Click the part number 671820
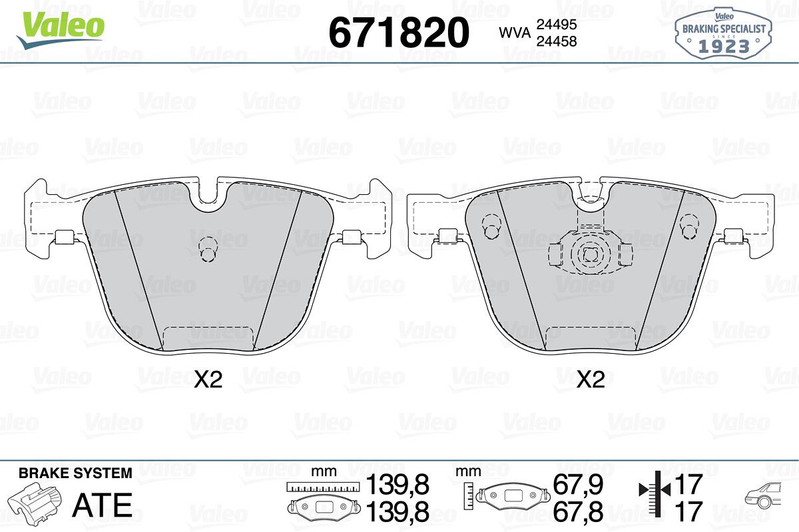click(x=399, y=33)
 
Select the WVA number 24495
click(x=557, y=24)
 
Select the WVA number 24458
click(x=557, y=41)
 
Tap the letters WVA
click(x=515, y=33)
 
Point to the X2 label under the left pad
click(x=208, y=380)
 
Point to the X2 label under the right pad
click(x=591, y=380)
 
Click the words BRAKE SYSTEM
click(x=75, y=473)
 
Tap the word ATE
click(x=103, y=505)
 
